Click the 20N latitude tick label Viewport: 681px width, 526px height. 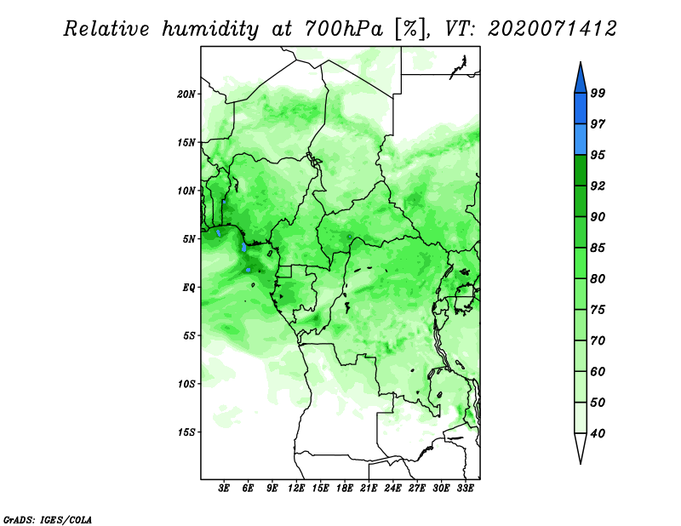(x=186, y=94)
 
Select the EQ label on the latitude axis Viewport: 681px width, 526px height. (x=189, y=288)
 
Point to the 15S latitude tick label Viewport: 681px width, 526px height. (x=186, y=432)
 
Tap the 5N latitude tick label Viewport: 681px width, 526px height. (x=189, y=239)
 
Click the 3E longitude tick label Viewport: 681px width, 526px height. (x=224, y=489)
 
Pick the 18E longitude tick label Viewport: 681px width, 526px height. (x=345, y=489)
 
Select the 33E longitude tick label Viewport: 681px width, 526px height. (x=465, y=489)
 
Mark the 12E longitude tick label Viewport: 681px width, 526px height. (x=296, y=489)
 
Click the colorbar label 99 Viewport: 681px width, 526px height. (x=598, y=93)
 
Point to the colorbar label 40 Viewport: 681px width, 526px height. (x=598, y=433)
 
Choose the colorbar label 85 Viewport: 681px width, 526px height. (x=598, y=248)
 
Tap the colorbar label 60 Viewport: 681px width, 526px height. (x=598, y=371)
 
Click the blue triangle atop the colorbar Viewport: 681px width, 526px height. (x=581, y=80)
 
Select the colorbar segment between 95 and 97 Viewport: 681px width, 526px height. (x=581, y=140)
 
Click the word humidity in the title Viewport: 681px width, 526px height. (x=210, y=29)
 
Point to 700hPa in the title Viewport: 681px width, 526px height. (x=344, y=29)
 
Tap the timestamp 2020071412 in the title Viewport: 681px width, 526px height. (x=552, y=29)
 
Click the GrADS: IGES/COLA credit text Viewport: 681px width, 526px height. (x=48, y=520)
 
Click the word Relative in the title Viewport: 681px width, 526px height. (x=106, y=29)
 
